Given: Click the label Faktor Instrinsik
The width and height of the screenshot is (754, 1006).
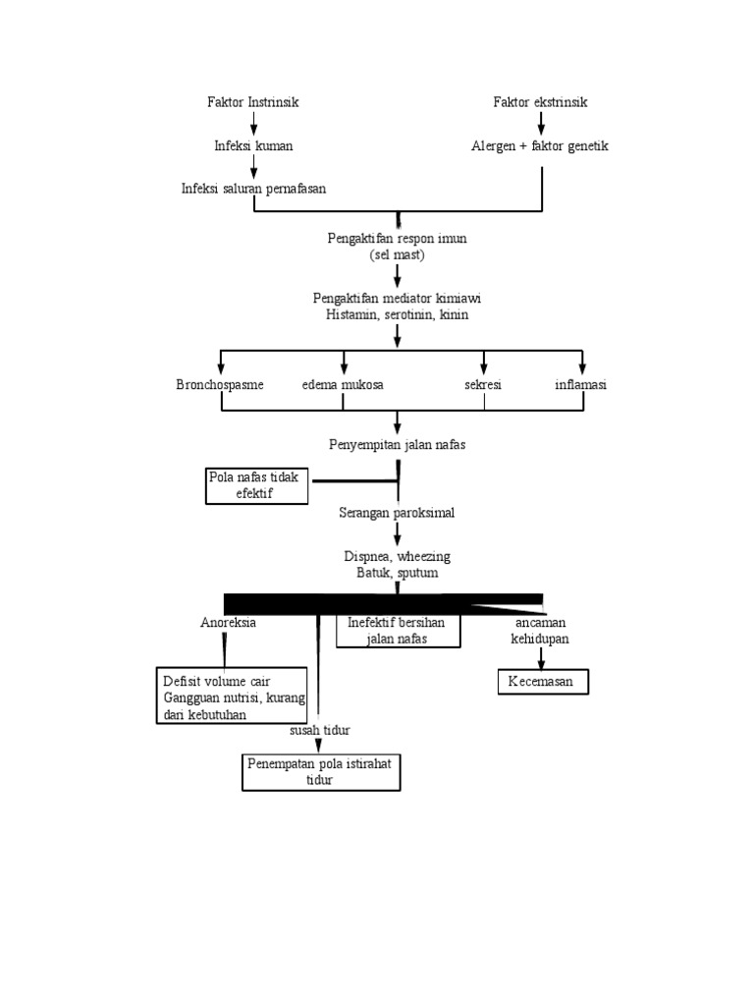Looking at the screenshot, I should pyautogui.click(x=253, y=102).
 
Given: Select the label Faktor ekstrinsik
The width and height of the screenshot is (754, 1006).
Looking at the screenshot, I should pyautogui.click(x=540, y=102).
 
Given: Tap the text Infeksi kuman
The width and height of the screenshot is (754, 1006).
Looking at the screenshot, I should pyautogui.click(x=253, y=145).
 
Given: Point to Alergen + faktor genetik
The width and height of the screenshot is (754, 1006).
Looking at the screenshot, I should pyautogui.click(x=540, y=145).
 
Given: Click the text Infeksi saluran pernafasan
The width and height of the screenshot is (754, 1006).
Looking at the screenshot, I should pyautogui.click(x=253, y=189).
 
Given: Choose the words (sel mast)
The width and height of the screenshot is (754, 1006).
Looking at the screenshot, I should pyautogui.click(x=397, y=254).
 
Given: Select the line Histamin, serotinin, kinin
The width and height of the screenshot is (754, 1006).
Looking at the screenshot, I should pyautogui.click(x=397, y=314).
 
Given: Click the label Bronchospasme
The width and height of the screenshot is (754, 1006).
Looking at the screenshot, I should pyautogui.click(x=220, y=385).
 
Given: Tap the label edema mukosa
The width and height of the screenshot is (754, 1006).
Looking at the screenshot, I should pyautogui.click(x=343, y=385).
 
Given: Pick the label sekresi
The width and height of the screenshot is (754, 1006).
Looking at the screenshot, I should pyautogui.click(x=483, y=385).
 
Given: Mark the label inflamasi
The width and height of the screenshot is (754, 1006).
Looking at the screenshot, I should pyautogui.click(x=581, y=385).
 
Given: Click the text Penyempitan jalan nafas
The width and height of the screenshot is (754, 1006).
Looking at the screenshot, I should pyautogui.click(x=397, y=444).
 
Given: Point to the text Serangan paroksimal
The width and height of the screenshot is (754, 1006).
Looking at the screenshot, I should pyautogui.click(x=397, y=513).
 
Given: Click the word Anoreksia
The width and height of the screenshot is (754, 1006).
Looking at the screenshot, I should pyautogui.click(x=228, y=623).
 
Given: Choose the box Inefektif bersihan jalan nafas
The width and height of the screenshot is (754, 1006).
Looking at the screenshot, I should pyautogui.click(x=398, y=631).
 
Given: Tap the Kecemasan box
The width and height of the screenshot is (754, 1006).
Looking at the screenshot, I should pyautogui.click(x=541, y=682).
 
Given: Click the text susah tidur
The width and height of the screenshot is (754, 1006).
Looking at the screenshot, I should pyautogui.click(x=320, y=731).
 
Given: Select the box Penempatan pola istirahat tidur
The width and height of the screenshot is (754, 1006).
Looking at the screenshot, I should pyautogui.click(x=322, y=771).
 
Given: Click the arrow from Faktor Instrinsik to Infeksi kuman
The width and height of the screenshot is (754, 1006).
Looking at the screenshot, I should pyautogui.click(x=253, y=123).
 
